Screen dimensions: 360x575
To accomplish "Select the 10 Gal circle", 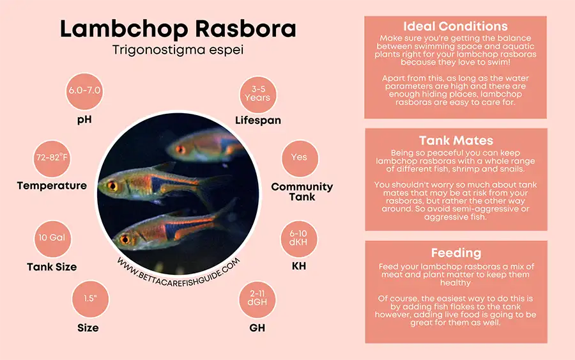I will [x=52, y=238].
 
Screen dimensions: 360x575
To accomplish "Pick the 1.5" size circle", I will [x=88, y=299].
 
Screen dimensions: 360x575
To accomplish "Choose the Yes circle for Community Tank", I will [x=299, y=157].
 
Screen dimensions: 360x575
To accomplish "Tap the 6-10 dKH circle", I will [x=299, y=239].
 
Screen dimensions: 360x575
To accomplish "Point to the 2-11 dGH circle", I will [x=257, y=299].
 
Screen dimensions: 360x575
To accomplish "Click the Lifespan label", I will [x=257, y=120].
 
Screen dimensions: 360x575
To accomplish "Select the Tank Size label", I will [x=52, y=267].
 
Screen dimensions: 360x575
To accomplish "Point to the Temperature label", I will [x=52, y=186].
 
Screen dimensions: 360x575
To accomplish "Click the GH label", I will [x=257, y=328].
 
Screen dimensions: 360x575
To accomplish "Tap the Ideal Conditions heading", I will [x=456, y=27].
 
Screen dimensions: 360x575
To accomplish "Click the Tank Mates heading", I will [x=456, y=141].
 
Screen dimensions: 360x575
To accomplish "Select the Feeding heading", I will [x=456, y=253].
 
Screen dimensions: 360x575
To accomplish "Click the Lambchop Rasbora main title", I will [x=178, y=29].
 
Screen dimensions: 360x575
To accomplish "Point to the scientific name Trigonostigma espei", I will [x=178, y=50].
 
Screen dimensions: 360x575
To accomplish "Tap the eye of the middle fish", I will [x=112, y=186].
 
